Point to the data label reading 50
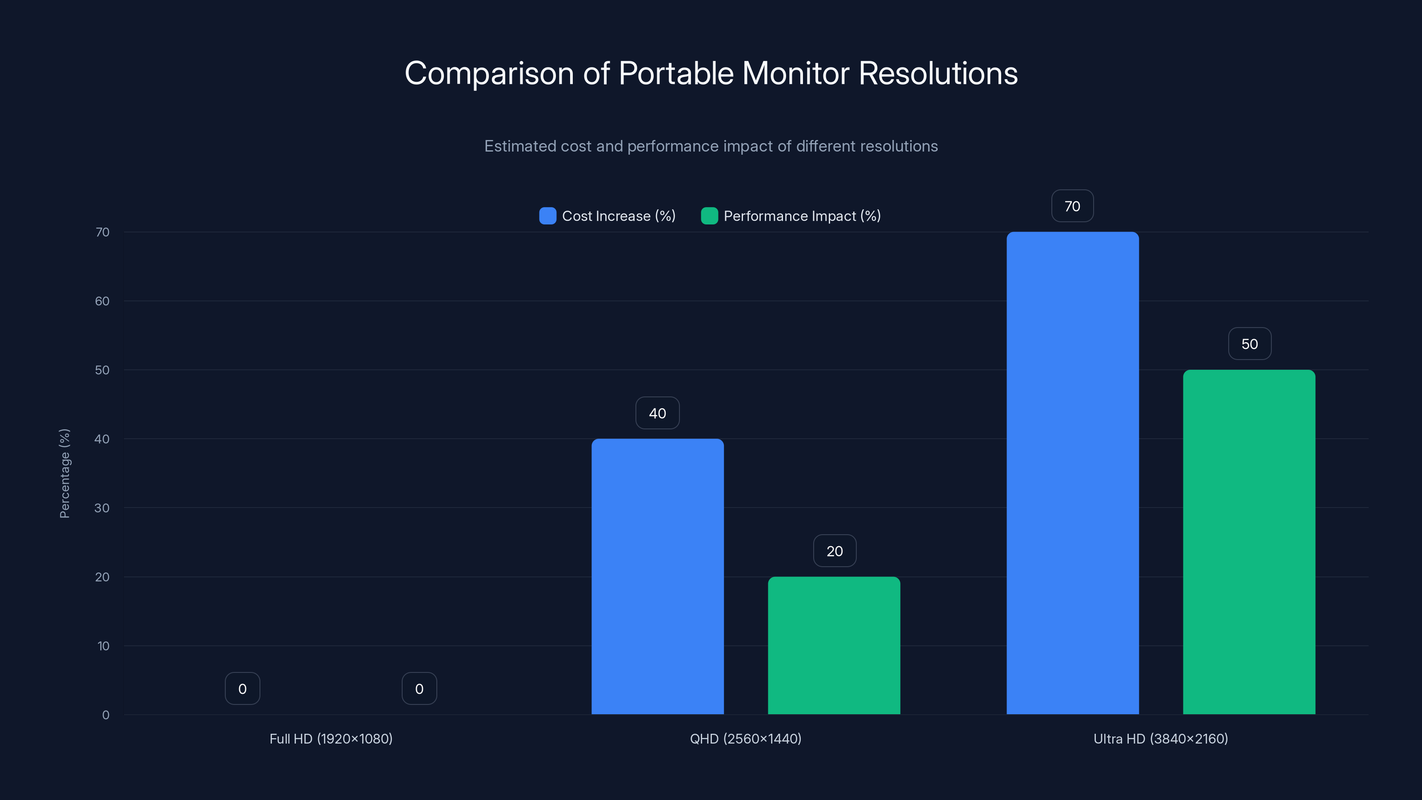(x=1249, y=344)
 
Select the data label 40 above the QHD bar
(x=658, y=413)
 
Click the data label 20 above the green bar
(x=834, y=551)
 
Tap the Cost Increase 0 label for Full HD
(x=242, y=688)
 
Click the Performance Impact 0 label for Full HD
(x=419, y=688)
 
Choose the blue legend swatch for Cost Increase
(x=547, y=216)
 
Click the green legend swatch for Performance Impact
(x=709, y=216)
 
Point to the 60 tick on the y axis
(x=102, y=301)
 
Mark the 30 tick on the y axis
(x=102, y=508)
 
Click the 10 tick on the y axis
(x=103, y=645)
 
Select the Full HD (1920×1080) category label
(x=331, y=739)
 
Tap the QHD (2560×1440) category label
(x=745, y=739)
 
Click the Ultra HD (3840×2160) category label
(x=1160, y=739)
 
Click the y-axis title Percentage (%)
(x=64, y=473)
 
